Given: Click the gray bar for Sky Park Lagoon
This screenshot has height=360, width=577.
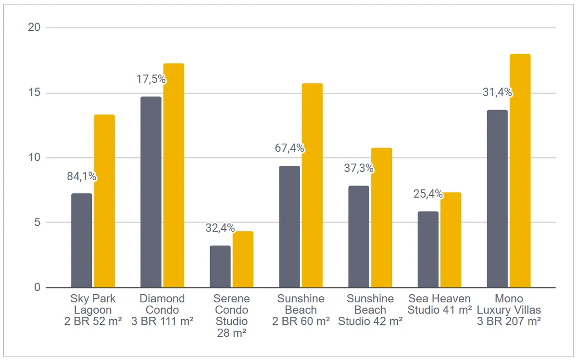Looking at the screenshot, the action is pos(82,240).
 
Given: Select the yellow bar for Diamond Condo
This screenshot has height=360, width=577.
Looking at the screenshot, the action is pos(174,175).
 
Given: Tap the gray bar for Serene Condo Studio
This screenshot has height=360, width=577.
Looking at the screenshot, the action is pos(220,267).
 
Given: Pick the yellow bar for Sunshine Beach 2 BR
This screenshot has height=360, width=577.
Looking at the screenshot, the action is pos(312,186).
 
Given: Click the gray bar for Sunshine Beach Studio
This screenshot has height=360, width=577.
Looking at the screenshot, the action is pos(359,236).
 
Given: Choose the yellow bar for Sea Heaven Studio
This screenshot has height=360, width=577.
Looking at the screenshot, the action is pos(451,240).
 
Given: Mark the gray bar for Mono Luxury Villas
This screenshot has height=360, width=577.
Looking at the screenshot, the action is pos(497,199).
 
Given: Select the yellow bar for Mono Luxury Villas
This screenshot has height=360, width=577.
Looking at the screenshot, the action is pos(520,171).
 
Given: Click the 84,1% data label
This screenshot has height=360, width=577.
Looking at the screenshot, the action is pos(82,176).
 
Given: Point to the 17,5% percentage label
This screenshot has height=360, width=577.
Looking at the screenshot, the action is pos(151,79).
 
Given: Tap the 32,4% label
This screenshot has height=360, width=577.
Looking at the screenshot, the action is pos(220,228).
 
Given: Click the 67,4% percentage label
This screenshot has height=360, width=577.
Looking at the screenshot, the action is pos(289,148).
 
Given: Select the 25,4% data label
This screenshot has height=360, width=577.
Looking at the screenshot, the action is pos(428,194).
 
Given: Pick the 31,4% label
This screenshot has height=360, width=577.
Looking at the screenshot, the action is pos(497,92).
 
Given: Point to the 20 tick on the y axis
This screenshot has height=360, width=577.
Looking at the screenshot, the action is pos(34,27).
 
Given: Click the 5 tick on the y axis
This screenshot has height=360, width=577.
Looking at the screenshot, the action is pos(38,222).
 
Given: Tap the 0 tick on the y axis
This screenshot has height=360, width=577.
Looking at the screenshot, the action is pos(38,287).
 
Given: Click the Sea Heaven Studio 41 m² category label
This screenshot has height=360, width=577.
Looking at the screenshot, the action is pos(439,304).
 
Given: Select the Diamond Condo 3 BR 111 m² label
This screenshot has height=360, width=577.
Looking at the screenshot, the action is pos(163,310).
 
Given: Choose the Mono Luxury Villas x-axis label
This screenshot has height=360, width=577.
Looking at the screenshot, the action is pos(509,310).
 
